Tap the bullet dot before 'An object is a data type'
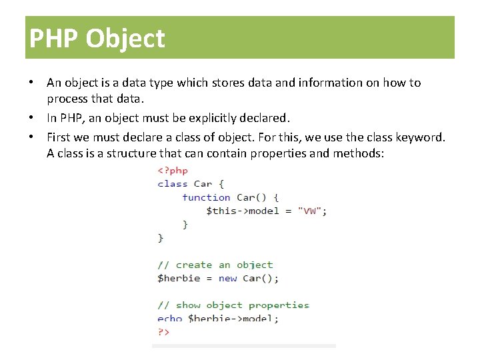click(31, 83)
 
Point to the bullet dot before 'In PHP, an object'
click(31, 118)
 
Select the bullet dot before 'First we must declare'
click(31, 137)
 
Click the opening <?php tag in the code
click(173, 170)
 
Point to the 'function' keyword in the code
click(206, 197)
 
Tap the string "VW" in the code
click(309, 211)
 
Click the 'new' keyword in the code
click(227, 278)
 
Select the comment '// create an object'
click(215, 265)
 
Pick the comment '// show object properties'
click(233, 305)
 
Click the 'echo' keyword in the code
click(170, 319)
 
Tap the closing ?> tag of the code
click(163, 331)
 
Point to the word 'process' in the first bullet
click(67, 99)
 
